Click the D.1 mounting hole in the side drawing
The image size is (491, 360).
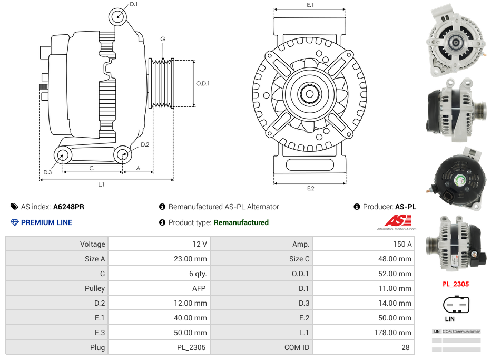118,17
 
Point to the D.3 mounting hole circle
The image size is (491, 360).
63,155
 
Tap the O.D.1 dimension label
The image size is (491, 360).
203,83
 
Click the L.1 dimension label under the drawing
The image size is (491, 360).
101,184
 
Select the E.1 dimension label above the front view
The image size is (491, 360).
310,5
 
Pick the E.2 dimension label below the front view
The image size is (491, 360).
310,188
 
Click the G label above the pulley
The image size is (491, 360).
163,39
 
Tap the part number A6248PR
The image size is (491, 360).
68,207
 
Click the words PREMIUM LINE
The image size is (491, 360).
46,222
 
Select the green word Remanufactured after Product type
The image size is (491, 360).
241,222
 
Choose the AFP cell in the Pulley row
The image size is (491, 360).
199,288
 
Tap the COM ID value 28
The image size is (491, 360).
406,347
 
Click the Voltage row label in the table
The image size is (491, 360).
93,244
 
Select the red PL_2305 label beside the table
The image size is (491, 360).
455,284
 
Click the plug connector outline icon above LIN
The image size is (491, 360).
456,304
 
